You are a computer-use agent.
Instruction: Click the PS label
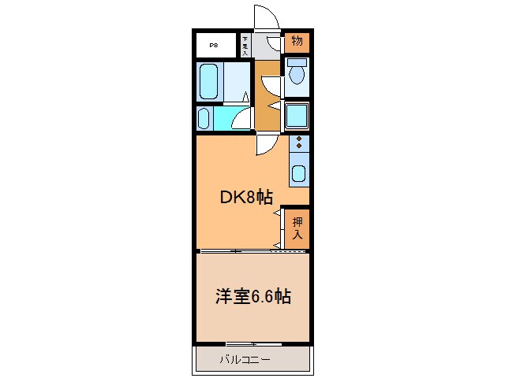click(x=214, y=45)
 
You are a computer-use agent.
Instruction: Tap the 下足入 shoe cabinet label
click(x=245, y=45)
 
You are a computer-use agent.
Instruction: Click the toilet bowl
click(x=297, y=73)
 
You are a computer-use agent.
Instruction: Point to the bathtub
click(x=209, y=80)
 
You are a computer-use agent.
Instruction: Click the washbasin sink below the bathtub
click(x=204, y=119)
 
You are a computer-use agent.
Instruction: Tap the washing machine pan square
click(x=297, y=117)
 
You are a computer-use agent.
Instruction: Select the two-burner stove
click(x=299, y=144)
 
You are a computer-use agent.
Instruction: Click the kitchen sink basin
click(x=299, y=172)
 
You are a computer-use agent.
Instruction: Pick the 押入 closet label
click(x=297, y=228)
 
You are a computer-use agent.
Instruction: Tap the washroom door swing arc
click(x=242, y=119)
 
